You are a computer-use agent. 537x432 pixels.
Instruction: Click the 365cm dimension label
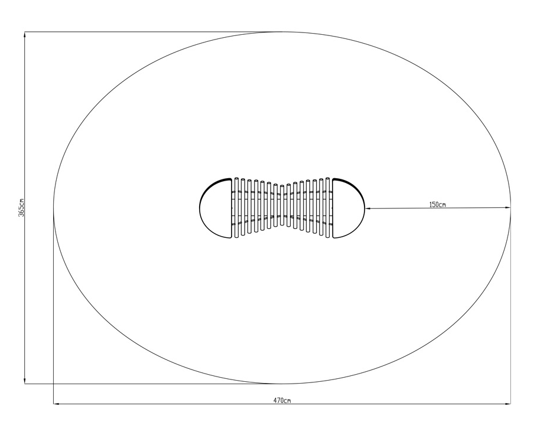(21, 207)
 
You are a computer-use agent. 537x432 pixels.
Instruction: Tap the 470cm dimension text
(282, 401)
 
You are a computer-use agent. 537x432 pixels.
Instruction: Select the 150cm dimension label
(437, 205)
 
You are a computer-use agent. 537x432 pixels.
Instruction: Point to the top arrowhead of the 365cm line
(25, 35)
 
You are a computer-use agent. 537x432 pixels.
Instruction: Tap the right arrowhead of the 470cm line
(507, 404)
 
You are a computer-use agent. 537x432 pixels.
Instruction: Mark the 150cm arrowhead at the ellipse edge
(507, 208)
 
